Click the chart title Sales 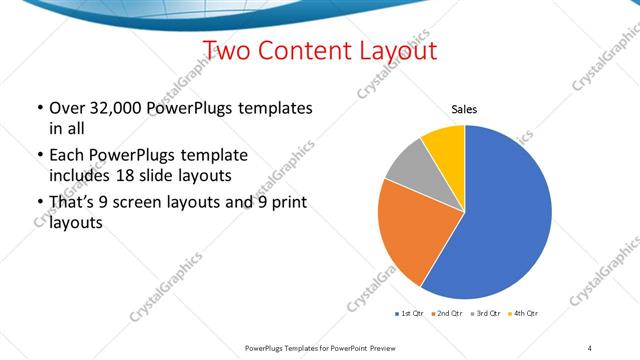click(x=465, y=109)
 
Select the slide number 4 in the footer click(x=590, y=346)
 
